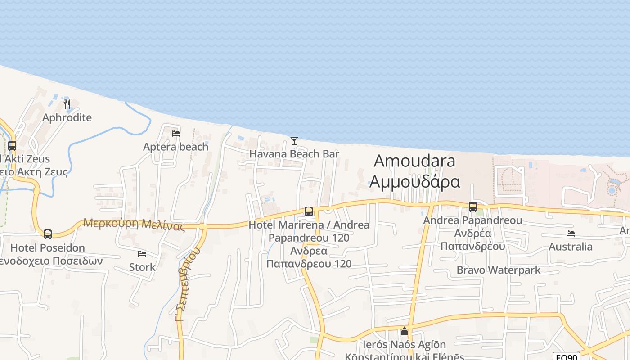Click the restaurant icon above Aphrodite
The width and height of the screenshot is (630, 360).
pyautogui.click(x=67, y=104)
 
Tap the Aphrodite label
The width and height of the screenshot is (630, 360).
pyautogui.click(x=67, y=118)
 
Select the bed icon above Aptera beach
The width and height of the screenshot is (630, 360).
pyautogui.click(x=176, y=134)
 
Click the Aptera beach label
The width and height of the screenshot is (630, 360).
pyautogui.click(x=176, y=147)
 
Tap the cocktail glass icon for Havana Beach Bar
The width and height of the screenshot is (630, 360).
pyautogui.click(x=294, y=141)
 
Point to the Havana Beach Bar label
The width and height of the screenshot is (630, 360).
pyautogui.click(x=294, y=154)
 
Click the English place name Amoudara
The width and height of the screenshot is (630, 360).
pyautogui.click(x=414, y=161)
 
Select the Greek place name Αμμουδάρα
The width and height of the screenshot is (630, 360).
pyautogui.click(x=414, y=181)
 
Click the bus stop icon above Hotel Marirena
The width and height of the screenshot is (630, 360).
pyautogui.click(x=309, y=211)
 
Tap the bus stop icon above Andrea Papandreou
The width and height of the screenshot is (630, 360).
pyautogui.click(x=473, y=207)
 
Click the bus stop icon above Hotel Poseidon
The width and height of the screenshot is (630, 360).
pyautogui.click(x=48, y=234)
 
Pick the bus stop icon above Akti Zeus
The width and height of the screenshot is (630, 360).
pyautogui.click(x=12, y=146)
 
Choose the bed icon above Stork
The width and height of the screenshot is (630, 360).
pyautogui.click(x=142, y=254)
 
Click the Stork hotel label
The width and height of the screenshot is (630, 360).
pyautogui.click(x=142, y=267)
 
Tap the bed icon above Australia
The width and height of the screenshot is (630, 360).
pyautogui.click(x=571, y=234)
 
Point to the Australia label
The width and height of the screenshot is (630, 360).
pyautogui.click(x=571, y=247)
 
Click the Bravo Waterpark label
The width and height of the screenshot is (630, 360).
pyautogui.click(x=499, y=270)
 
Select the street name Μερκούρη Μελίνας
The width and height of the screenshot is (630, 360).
pyautogui.click(x=134, y=224)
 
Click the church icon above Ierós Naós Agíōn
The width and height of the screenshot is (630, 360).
pyautogui.click(x=405, y=332)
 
